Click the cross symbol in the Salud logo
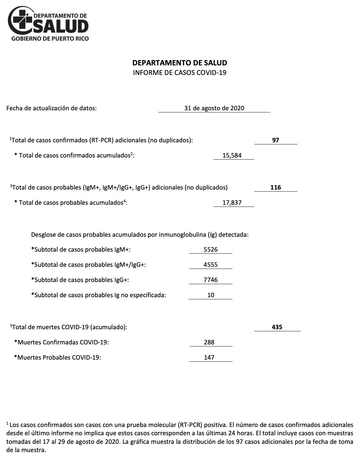22,20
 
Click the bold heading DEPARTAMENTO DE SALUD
180,63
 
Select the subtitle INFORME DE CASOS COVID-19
180,73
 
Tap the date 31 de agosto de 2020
214,108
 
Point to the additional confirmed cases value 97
275,140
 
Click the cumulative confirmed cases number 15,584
232,155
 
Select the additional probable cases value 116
275,187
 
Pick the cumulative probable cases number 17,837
232,202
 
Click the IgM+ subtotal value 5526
211,249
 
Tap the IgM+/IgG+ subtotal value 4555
211,265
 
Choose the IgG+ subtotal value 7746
211,280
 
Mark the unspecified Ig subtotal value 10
211,295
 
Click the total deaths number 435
277,327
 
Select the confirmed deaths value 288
209,342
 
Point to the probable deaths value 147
209,357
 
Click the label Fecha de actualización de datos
52,108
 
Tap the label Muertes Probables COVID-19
58,357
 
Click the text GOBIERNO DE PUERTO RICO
50,39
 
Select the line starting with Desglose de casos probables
140,235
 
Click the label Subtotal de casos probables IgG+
80,280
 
